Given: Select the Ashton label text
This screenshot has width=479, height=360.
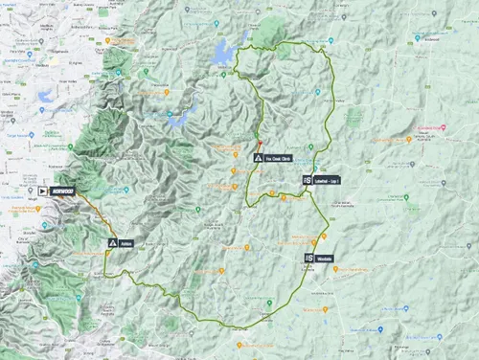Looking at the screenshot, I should tap(126, 243).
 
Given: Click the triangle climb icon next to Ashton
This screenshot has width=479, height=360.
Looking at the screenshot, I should tap(112, 243).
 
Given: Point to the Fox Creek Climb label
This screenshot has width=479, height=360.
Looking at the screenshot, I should tap(279, 157).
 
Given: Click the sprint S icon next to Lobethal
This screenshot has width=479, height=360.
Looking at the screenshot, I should tap(308, 180).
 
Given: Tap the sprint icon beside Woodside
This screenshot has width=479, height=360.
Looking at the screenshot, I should tap(308, 258).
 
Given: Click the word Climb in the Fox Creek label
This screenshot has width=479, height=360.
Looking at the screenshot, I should tap(288, 157).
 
